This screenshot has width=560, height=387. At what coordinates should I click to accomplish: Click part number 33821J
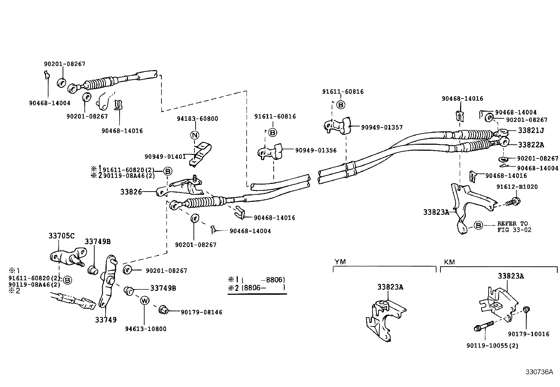[x=531, y=130]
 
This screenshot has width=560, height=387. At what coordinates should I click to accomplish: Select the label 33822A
[x=531, y=145]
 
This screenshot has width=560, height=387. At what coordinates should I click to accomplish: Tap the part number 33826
[x=131, y=192]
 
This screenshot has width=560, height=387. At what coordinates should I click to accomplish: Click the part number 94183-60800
[x=197, y=119]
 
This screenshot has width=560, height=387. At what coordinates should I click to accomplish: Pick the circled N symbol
[x=195, y=135]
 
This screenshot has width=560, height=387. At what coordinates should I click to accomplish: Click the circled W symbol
[x=144, y=300]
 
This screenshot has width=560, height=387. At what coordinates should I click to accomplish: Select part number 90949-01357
[x=382, y=127]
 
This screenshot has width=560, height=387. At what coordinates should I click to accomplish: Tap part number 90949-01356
[x=316, y=150]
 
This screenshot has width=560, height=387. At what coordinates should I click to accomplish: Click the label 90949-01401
[x=165, y=156]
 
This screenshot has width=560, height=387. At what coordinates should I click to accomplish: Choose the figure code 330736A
[x=540, y=372]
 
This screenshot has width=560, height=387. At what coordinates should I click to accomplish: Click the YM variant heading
[x=340, y=262]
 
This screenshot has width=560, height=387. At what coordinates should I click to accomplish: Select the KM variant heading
[x=449, y=262]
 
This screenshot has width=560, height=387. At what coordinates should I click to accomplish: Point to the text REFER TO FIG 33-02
[x=514, y=226]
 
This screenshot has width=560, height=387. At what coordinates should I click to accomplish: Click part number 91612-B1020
[x=517, y=187]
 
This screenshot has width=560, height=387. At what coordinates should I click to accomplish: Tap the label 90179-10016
[x=528, y=334]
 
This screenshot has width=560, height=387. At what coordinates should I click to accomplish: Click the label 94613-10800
[x=146, y=329]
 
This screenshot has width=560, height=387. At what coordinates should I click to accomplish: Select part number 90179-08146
[x=201, y=312]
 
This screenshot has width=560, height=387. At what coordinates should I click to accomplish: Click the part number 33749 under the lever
[x=106, y=320]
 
